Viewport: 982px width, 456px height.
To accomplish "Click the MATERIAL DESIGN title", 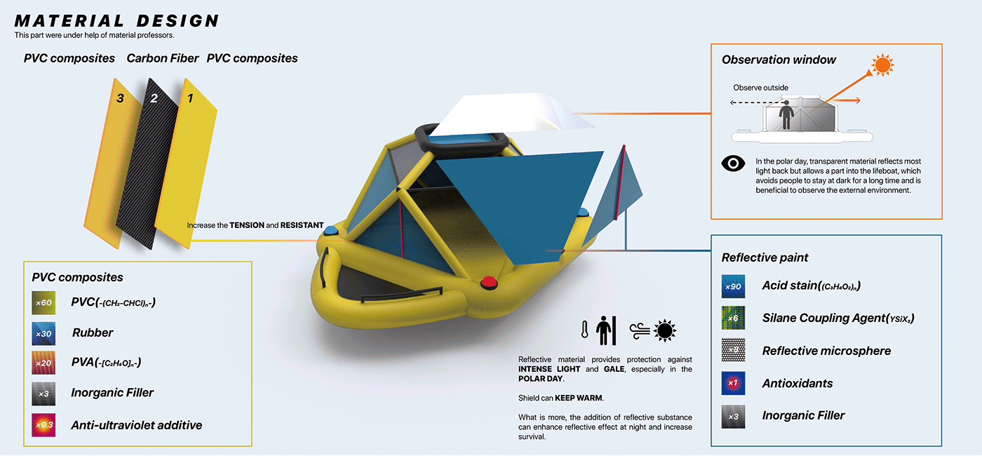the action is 116,21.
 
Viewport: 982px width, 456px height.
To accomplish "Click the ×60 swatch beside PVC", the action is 43,302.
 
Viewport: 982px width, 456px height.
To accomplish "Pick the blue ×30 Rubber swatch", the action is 43,333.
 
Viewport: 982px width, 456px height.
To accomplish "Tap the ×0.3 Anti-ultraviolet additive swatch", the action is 43,425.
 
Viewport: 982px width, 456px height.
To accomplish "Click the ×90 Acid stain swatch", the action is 733,286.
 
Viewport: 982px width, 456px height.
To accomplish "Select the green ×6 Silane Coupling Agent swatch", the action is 733,318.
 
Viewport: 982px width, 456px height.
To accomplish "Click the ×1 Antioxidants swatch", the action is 733,384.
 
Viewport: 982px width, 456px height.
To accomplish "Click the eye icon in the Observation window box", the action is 733,163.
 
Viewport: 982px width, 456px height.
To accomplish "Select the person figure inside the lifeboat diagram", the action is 786,116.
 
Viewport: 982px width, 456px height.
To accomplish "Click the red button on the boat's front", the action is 488,283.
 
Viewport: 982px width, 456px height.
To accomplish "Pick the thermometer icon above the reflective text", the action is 584,329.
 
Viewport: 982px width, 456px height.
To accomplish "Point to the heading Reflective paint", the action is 765,257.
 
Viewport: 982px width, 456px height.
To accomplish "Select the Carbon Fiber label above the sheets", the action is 163,58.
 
